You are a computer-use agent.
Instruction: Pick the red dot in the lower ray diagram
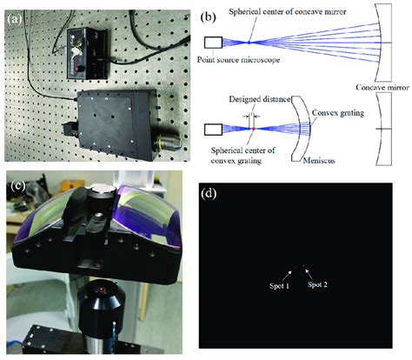252,129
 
